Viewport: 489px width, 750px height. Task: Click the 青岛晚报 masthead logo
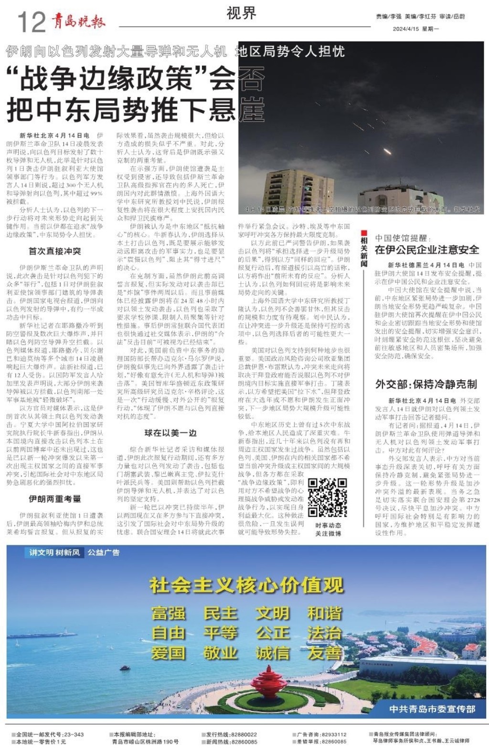(78, 21)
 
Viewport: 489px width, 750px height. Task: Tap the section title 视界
(241, 13)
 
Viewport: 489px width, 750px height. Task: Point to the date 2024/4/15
(405, 29)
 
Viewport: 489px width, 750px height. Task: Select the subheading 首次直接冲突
(55, 251)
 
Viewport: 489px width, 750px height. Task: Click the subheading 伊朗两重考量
(55, 499)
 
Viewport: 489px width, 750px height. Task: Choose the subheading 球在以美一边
(170, 433)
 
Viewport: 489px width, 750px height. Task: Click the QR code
(327, 498)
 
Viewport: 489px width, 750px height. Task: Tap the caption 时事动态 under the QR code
(328, 525)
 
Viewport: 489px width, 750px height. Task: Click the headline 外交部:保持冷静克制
(426, 384)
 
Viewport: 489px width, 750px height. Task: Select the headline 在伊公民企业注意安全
(426, 250)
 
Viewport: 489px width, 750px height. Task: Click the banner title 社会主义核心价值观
(246, 585)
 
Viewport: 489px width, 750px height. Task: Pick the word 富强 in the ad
(168, 613)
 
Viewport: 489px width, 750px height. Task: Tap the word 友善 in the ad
(325, 653)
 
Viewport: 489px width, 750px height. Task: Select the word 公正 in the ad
(272, 633)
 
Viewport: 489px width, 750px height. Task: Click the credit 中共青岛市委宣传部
(432, 708)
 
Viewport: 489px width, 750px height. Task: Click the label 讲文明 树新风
(54, 552)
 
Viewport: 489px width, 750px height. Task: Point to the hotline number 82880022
(243, 735)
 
